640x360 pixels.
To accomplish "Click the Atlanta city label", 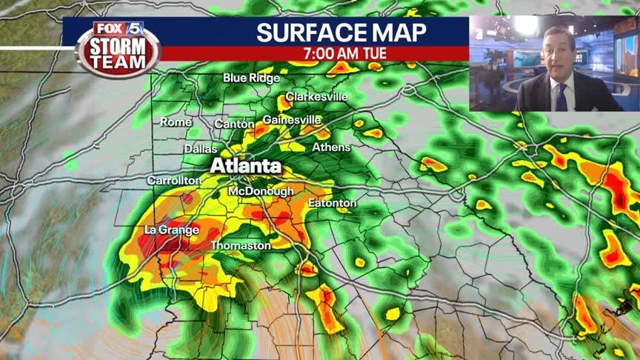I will point(246,166).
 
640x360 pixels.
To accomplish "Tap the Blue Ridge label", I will point(252,78).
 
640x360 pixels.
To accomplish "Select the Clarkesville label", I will point(316,97).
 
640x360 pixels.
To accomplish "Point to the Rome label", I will point(176,122).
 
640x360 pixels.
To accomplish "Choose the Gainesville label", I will point(292,119).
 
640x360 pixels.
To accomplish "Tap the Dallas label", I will point(200,149).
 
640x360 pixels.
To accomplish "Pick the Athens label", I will point(331,147).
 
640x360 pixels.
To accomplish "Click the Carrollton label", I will point(174,180).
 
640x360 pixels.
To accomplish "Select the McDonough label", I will point(261,191).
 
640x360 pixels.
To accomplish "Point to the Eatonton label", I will point(332,203).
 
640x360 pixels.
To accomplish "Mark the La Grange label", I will point(172,230).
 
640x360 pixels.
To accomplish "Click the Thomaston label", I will point(241,245).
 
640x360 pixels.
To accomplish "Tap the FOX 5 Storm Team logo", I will point(118,47).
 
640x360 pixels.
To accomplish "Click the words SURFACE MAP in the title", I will point(341,33).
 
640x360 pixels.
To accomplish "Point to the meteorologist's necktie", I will point(561,96).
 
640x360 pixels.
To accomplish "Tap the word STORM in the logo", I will point(119,49).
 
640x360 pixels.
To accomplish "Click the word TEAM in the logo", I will point(119,64).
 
